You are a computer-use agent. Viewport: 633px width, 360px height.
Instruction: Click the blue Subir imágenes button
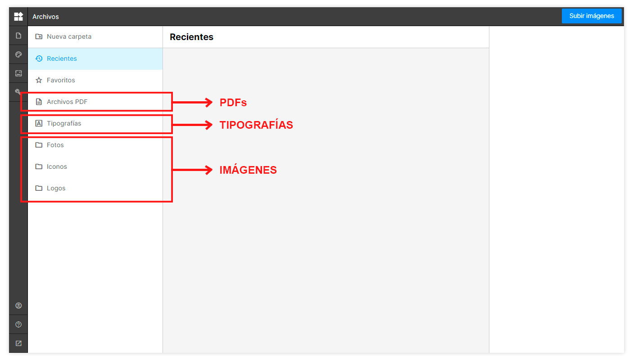click(x=592, y=16)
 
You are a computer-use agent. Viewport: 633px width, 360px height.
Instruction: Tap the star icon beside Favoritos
click(x=39, y=80)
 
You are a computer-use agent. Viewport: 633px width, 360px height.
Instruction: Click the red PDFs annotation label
click(x=233, y=103)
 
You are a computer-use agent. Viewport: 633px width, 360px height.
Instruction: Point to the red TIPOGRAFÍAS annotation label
click(x=256, y=125)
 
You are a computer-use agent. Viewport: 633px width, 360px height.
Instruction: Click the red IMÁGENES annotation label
click(x=248, y=170)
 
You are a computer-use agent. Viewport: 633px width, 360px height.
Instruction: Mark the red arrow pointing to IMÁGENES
click(x=192, y=170)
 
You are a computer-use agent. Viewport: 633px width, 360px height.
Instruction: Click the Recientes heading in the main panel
click(x=192, y=37)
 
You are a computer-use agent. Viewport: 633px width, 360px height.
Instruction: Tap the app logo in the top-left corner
click(x=18, y=16)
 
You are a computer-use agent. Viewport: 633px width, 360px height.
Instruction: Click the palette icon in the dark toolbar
click(x=18, y=54)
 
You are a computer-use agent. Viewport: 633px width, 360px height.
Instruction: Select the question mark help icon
click(x=18, y=324)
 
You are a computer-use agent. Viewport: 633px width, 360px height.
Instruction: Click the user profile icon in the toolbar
click(x=18, y=306)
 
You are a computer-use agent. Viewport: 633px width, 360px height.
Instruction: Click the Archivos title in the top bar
click(x=45, y=17)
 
